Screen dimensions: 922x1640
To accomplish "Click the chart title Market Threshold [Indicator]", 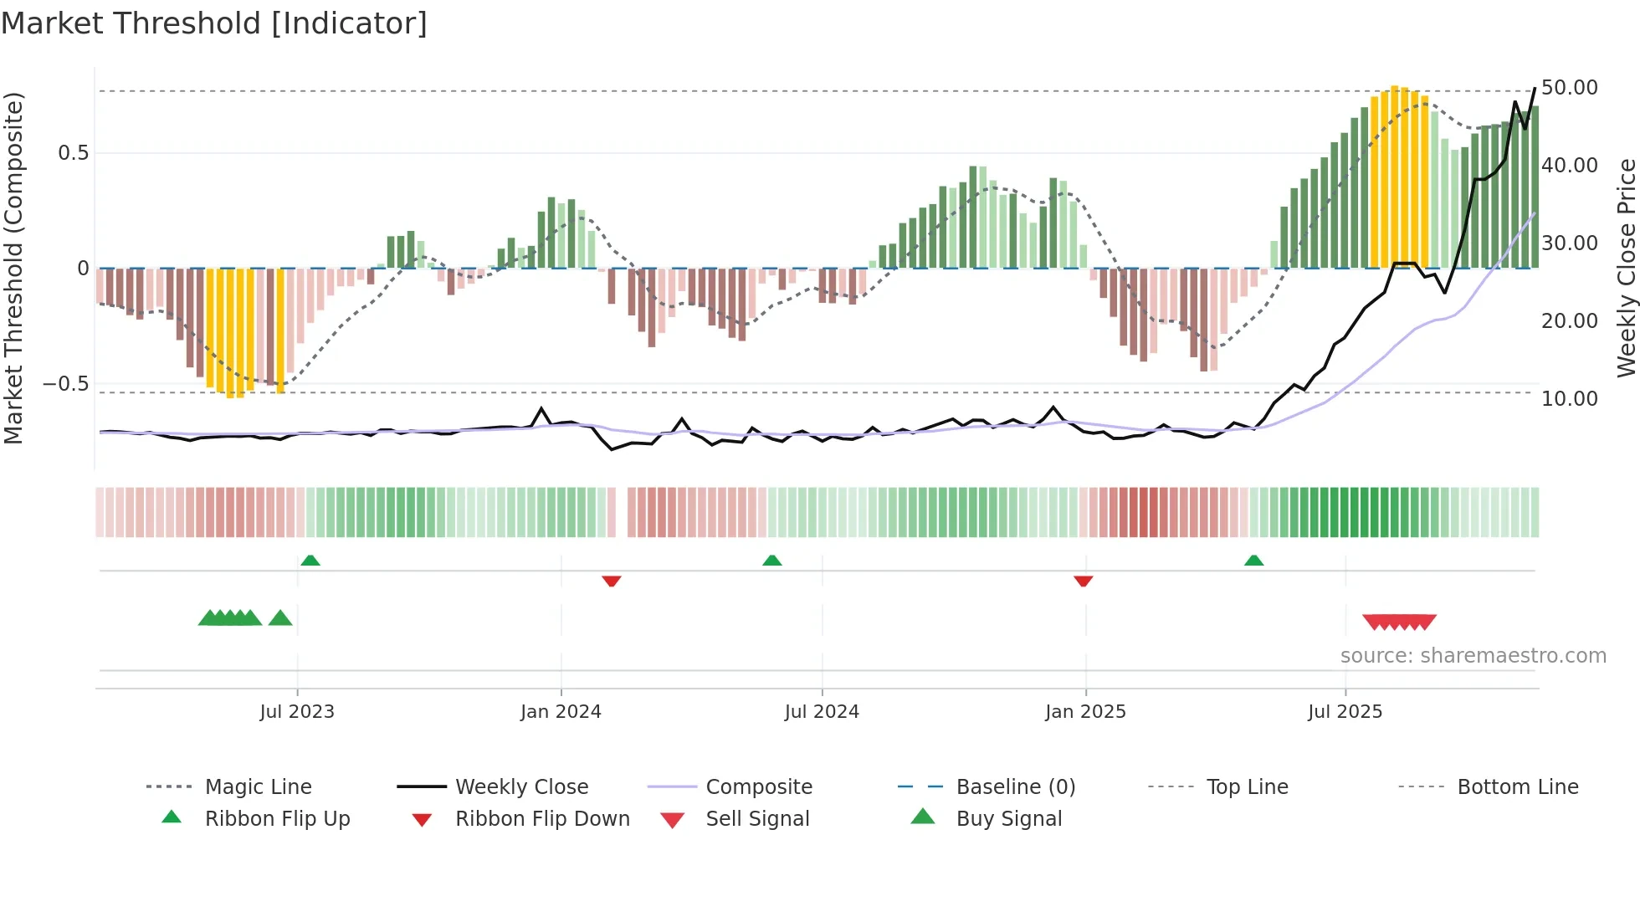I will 214,23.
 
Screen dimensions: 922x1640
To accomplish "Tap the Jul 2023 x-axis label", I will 296,712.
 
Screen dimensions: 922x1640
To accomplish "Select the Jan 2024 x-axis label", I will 561,712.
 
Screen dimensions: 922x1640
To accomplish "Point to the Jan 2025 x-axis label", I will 1085,712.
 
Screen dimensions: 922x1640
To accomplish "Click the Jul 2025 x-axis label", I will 1345,712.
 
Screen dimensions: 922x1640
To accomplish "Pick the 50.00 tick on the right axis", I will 1569,88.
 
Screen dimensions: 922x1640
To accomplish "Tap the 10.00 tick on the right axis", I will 1569,399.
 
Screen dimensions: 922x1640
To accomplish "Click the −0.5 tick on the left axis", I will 65,384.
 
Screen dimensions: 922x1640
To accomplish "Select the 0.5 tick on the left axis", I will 73,153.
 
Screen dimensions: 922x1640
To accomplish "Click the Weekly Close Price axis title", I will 1626,268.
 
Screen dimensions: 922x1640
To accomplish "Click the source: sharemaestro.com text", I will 1473,656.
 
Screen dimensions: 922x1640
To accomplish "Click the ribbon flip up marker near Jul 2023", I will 310,560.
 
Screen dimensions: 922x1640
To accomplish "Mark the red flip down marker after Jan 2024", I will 612,581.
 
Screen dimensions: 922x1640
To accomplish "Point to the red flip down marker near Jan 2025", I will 1084,581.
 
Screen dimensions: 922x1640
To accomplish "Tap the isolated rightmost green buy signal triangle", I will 280,618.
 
